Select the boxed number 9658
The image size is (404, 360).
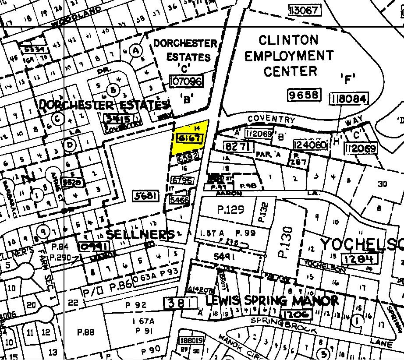click(305, 95)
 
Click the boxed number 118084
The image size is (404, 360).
click(349, 99)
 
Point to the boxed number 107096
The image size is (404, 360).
click(186, 81)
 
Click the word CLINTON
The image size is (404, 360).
click(288, 41)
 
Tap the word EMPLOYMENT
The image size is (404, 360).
click(289, 56)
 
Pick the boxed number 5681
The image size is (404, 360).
click(145, 196)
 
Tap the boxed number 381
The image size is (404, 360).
click(178, 303)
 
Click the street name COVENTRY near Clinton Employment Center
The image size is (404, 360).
click(271, 119)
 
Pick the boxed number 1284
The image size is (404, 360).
click(358, 258)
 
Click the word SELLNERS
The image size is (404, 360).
click(140, 234)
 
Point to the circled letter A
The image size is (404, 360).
click(136, 51)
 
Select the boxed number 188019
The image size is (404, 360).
click(191, 341)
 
